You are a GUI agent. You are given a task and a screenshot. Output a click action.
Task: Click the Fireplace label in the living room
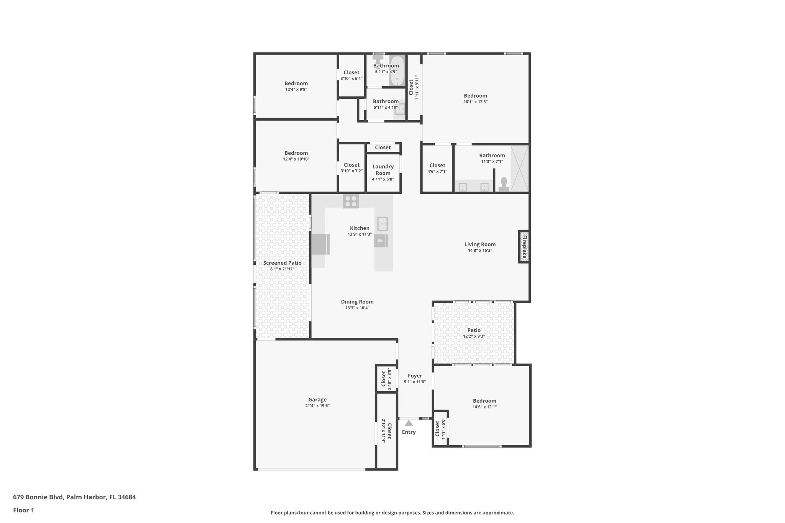(524, 247)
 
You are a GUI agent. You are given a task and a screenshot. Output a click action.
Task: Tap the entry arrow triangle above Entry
(409, 423)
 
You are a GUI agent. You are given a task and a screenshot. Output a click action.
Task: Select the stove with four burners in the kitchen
(351, 201)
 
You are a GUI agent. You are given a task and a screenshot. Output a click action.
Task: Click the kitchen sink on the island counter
(382, 224)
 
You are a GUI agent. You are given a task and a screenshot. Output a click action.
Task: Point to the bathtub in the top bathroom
(397, 71)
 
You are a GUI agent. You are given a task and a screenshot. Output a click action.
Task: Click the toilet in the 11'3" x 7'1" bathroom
(504, 184)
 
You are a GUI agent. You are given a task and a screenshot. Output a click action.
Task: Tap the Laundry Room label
(383, 170)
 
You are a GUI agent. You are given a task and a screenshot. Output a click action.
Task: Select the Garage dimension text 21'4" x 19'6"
(317, 406)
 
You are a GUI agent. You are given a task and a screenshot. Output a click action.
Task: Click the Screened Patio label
(282, 263)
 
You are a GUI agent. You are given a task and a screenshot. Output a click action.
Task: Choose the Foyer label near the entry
(415, 376)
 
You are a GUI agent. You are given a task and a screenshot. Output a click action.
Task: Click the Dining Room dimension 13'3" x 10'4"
(357, 308)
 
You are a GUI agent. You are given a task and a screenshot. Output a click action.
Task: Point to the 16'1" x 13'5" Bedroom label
(475, 96)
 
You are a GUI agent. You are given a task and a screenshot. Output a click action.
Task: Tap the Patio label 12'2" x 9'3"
(474, 330)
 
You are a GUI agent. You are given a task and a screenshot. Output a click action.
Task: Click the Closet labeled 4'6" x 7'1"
(437, 166)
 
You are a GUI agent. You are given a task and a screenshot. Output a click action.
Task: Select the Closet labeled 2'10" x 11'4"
(386, 431)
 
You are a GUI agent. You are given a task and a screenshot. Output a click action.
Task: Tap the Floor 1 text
(24, 510)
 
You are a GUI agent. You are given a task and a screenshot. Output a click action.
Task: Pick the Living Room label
(480, 244)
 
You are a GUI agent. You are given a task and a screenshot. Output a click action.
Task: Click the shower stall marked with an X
(520, 169)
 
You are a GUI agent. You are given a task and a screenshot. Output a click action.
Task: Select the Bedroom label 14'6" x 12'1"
(484, 401)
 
